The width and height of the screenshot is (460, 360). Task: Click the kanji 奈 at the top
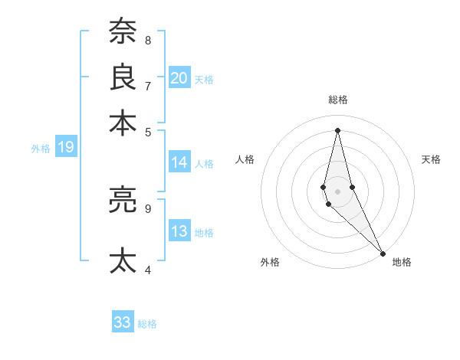point(122,32)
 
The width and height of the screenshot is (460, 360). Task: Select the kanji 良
point(122,77)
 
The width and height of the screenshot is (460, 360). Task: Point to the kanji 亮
point(122,200)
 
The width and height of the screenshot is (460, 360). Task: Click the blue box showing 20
point(179,78)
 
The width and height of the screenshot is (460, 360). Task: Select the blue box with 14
point(179,162)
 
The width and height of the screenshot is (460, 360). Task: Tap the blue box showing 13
point(179,231)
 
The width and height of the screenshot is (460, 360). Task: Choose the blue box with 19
point(65,148)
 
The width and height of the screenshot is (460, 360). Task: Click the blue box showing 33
point(122,322)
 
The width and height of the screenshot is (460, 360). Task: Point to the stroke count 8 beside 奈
point(148,40)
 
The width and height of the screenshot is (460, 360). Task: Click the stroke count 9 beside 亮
point(148,208)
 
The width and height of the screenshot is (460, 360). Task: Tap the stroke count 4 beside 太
point(148,270)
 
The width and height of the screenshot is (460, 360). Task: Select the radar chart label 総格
point(337,100)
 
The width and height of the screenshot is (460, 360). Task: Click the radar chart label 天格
point(431,159)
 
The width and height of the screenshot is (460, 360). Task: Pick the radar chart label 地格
point(402,262)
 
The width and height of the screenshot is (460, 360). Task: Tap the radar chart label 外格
point(270,262)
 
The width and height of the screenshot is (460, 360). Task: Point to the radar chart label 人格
point(245,159)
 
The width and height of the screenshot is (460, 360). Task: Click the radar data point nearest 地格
point(383,254)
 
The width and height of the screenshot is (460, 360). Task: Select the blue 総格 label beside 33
point(147,324)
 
